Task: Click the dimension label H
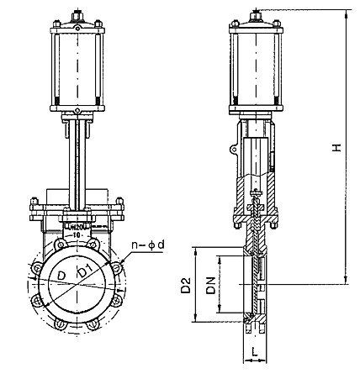(335, 148)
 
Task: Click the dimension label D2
(187, 286)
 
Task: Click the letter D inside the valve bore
(61, 276)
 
